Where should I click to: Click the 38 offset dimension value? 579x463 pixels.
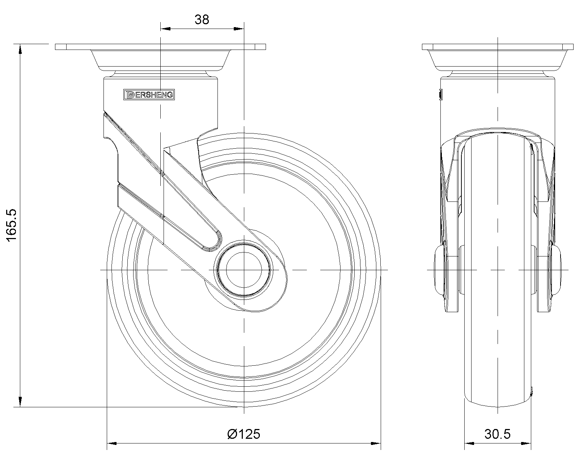[202, 20]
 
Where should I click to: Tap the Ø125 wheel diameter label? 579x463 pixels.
[244, 434]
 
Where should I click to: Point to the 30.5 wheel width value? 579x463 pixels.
[498, 434]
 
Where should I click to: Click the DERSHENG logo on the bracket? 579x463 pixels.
[149, 95]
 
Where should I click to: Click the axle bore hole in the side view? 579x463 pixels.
[244, 270]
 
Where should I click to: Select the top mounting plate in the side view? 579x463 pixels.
[160, 47]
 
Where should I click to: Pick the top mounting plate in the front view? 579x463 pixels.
[498, 47]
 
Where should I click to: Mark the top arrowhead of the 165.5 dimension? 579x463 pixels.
[20, 49]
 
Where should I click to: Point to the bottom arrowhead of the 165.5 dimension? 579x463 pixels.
[20, 402]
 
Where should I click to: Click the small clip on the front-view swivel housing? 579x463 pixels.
[440, 94]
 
